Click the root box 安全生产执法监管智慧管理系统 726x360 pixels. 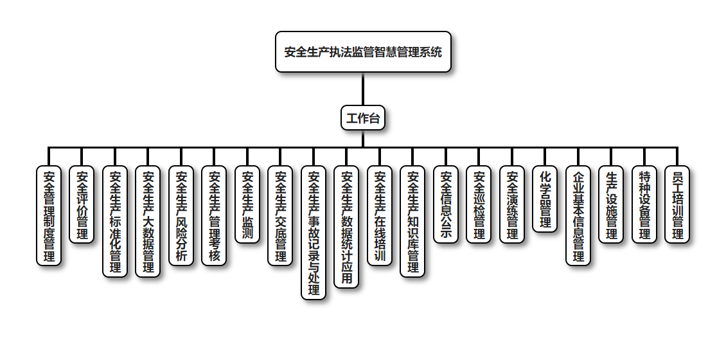(x=363, y=52)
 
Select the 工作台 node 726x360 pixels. (x=363, y=118)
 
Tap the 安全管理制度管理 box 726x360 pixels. (x=49, y=215)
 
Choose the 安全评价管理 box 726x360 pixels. (x=82, y=204)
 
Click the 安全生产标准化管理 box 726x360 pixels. (x=115, y=222)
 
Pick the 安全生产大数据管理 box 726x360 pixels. (x=148, y=222)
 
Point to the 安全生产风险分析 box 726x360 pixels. (x=181, y=215)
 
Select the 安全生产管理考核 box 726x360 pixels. (x=214, y=215)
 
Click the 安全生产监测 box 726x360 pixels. (x=247, y=204)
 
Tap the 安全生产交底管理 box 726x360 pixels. (x=280, y=215)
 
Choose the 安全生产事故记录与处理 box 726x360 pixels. (x=314, y=233)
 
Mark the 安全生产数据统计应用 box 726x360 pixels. (x=346, y=227)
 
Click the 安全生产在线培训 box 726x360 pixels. (x=380, y=215)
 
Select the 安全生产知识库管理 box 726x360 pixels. (x=412, y=222)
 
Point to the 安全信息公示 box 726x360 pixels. (x=446, y=204)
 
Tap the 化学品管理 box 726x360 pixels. (x=545, y=199)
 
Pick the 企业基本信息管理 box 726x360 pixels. (x=578, y=215)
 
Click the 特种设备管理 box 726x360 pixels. (x=644, y=204)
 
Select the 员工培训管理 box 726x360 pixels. (x=677, y=204)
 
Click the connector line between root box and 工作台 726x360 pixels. (x=363, y=89)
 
